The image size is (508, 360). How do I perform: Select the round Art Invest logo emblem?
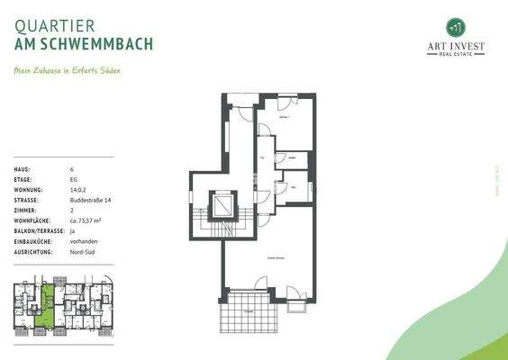(x=455, y=26)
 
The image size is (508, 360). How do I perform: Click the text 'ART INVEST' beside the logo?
(x=455, y=47)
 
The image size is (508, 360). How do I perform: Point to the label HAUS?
(x=23, y=169)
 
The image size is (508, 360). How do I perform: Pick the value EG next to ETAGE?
(x=74, y=179)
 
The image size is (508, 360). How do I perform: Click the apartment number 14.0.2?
(x=77, y=190)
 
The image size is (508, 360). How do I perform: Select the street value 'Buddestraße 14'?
(x=87, y=200)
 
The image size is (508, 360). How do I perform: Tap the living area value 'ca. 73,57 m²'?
(x=86, y=220)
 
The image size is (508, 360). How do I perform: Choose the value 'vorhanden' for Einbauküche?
(x=83, y=242)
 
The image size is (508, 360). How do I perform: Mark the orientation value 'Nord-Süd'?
(x=82, y=252)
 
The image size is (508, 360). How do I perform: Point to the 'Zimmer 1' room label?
(x=285, y=118)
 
